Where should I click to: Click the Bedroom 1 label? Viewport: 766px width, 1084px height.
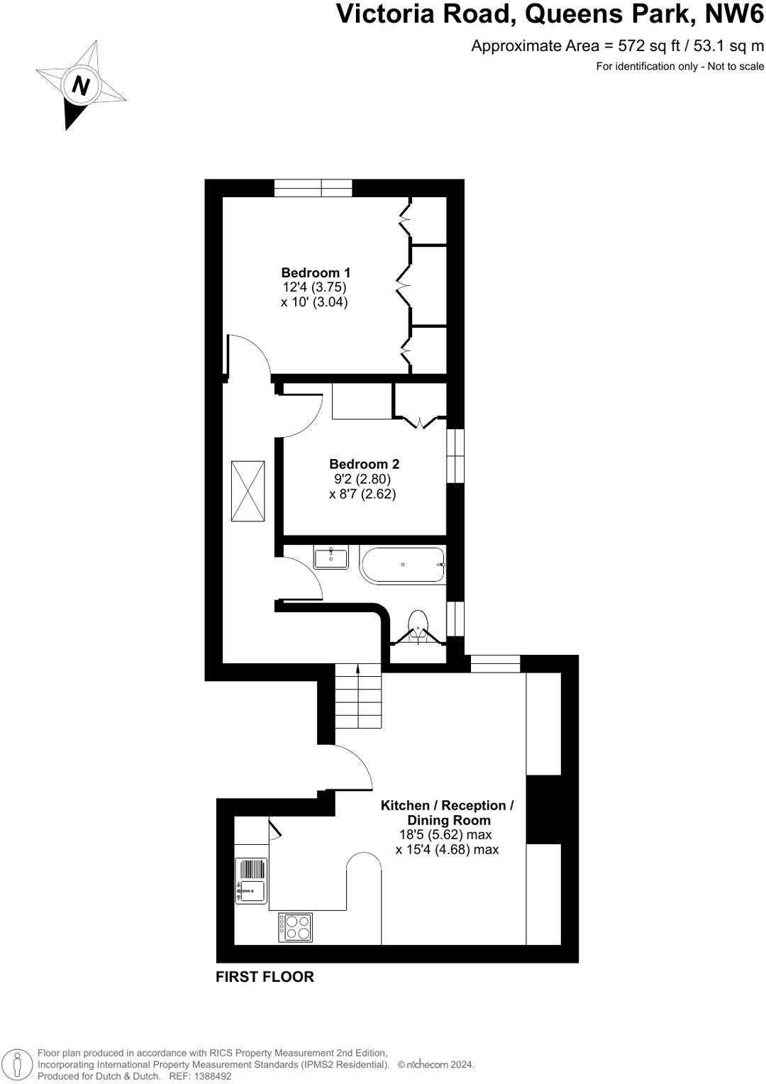(316, 272)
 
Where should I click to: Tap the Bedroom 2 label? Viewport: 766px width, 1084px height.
(364, 464)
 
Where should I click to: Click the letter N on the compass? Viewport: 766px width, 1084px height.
(81, 86)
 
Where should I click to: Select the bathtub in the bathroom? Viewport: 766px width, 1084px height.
(402, 565)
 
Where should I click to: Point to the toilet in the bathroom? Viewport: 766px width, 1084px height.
(418, 626)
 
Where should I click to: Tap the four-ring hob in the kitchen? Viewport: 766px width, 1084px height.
(295, 927)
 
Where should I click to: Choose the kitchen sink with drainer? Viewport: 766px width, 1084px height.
(250, 880)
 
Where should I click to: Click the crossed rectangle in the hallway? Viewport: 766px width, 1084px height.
(248, 491)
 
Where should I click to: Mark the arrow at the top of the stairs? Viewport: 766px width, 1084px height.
(357, 669)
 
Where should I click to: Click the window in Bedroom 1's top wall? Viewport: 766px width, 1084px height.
(313, 188)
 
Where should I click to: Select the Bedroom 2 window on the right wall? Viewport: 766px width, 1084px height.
(455, 455)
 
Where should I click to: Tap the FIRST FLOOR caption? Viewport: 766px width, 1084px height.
(265, 977)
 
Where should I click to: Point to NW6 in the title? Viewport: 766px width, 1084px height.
(733, 14)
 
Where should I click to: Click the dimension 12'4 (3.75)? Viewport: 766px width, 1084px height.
(314, 287)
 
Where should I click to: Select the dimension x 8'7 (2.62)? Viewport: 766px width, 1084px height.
(362, 494)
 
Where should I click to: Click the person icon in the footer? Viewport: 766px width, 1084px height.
(18, 1065)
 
